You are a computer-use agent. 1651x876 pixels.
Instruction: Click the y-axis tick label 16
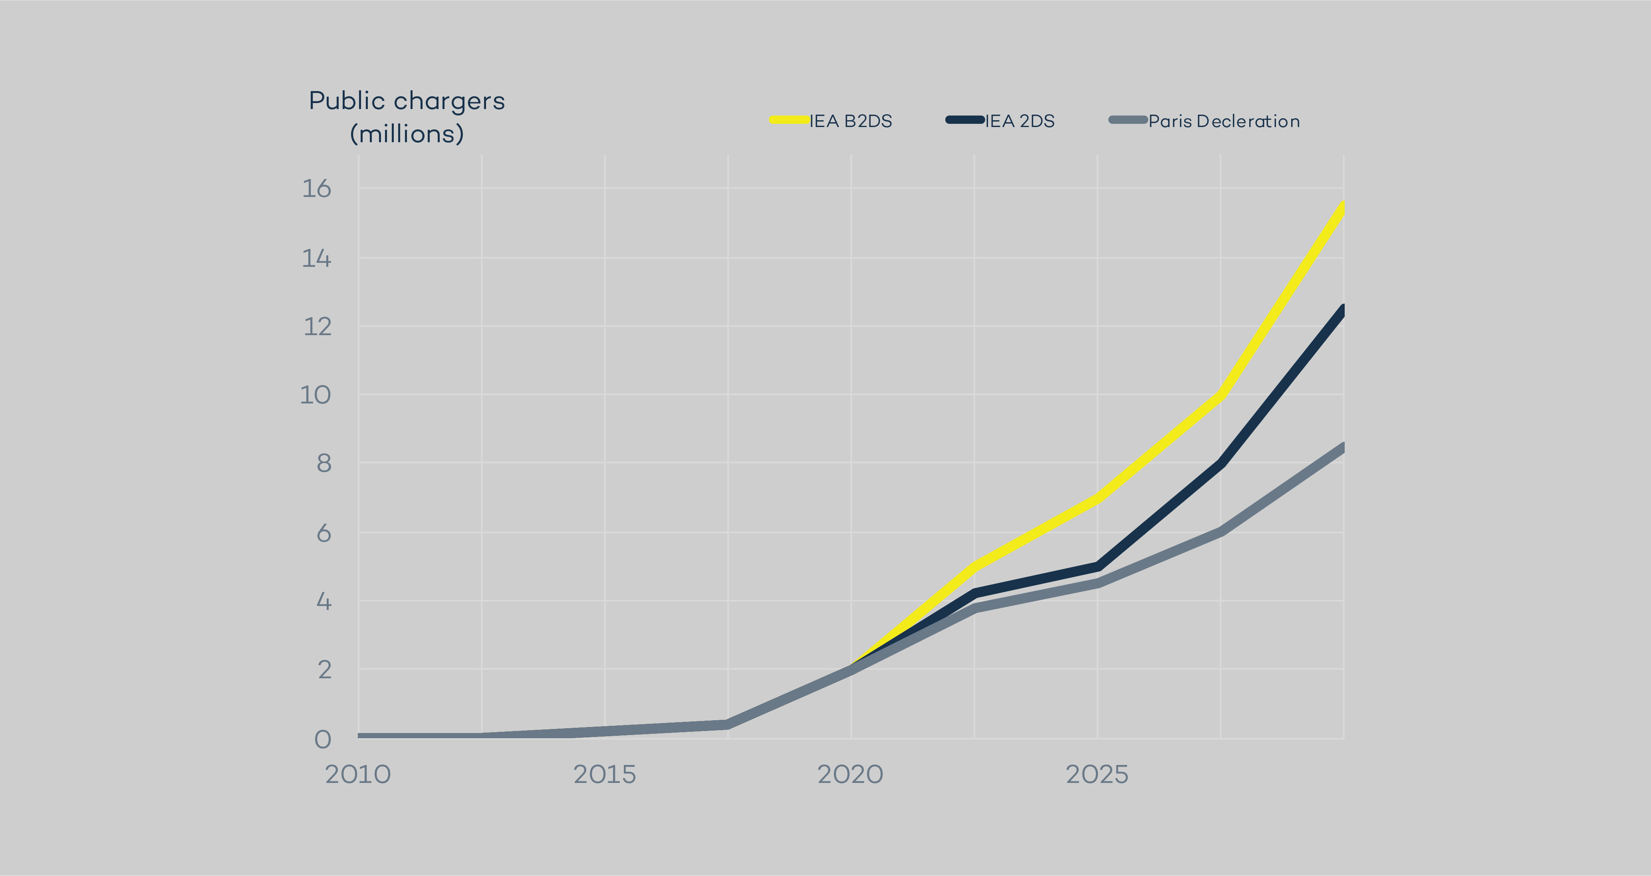click(x=317, y=189)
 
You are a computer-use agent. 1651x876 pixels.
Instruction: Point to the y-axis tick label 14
click(x=317, y=258)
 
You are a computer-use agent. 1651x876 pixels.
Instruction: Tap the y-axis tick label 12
click(x=317, y=327)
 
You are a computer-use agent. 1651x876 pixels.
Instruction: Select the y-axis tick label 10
click(x=316, y=395)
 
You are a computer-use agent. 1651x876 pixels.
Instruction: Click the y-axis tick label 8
click(x=323, y=463)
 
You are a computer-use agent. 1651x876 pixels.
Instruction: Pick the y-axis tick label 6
click(x=323, y=533)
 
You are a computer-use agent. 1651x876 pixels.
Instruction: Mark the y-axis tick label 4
click(x=323, y=602)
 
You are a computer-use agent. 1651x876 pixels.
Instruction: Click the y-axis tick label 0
click(x=323, y=739)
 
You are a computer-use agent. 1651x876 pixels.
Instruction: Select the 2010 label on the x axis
click(x=357, y=775)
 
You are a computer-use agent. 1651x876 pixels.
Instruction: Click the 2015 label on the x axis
click(x=604, y=775)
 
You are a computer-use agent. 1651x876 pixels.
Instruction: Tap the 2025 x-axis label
click(x=1097, y=775)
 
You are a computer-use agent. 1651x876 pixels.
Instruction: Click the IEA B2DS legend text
click(x=851, y=121)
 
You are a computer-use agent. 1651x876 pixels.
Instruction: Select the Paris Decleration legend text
click(x=1224, y=121)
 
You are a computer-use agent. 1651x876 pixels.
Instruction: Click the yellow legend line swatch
click(x=789, y=120)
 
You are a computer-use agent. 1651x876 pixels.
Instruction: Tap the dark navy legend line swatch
click(x=964, y=120)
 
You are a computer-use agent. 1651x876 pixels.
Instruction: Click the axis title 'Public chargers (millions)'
click(x=407, y=117)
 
